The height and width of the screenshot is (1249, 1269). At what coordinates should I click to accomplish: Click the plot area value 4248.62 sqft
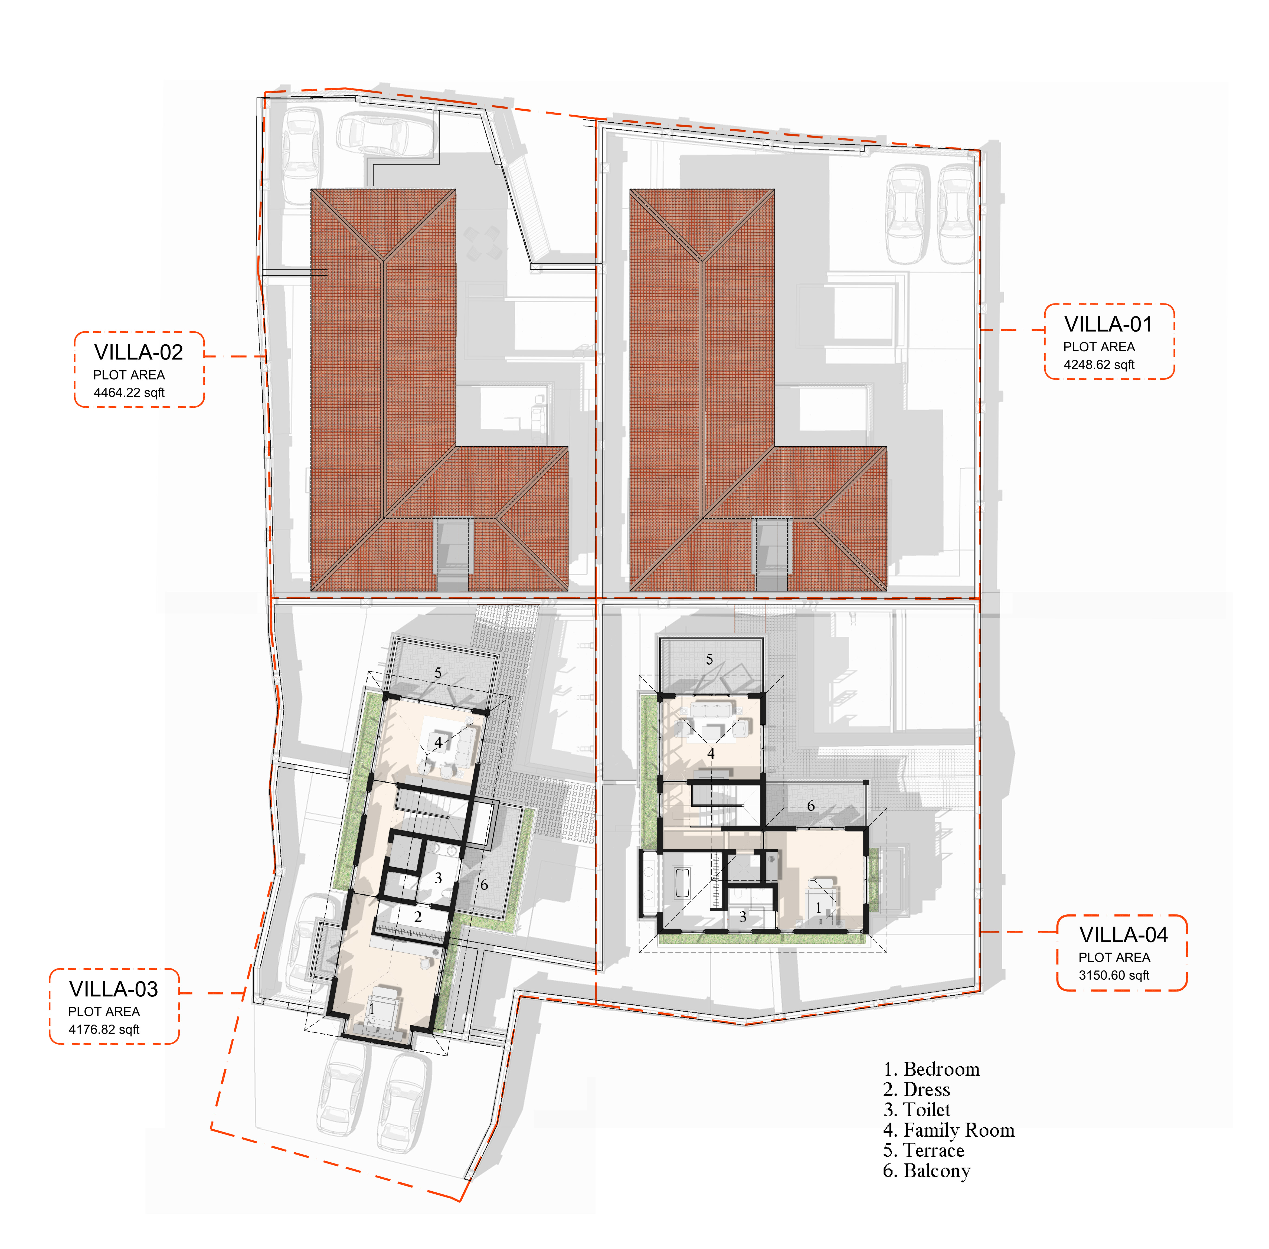tap(1099, 365)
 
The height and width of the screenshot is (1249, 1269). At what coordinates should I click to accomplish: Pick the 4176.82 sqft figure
tap(104, 1029)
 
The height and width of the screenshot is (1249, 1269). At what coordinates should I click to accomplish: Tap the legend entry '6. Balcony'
tap(927, 1171)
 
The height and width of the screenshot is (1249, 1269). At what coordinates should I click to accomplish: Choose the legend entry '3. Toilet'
tap(916, 1110)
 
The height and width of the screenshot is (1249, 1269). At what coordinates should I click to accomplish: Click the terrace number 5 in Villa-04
tap(709, 659)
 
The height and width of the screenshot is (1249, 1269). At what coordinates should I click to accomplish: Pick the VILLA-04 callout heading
tap(1123, 935)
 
